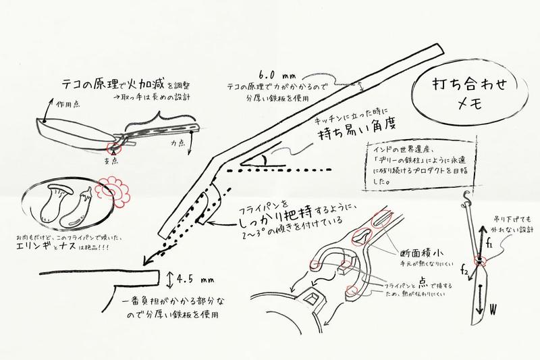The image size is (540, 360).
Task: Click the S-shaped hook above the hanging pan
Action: click(465, 199)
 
